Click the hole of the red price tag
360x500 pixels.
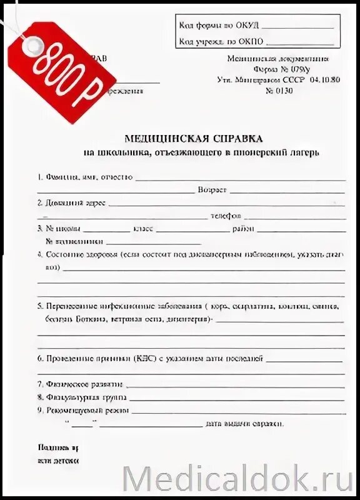[31, 42]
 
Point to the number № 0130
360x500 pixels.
[279, 91]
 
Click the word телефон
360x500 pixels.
[226, 216]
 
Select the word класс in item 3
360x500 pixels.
[143, 229]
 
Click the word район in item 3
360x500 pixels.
[244, 229]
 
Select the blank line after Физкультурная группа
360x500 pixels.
[237, 399]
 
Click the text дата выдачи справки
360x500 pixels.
[246, 424]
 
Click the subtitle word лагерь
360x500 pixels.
[301, 153]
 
